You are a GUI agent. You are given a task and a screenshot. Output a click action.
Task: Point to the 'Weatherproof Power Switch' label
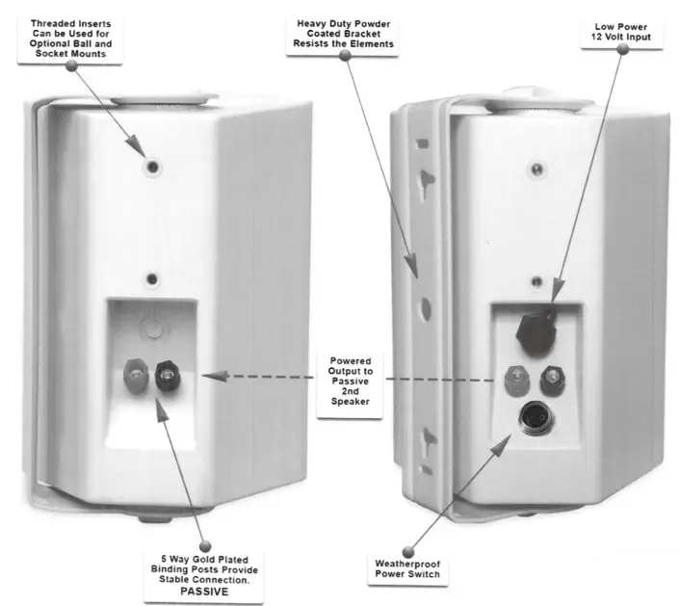407,568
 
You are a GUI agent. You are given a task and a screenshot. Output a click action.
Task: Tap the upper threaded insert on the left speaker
152,167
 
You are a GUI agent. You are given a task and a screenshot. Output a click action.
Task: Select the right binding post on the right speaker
552,375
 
